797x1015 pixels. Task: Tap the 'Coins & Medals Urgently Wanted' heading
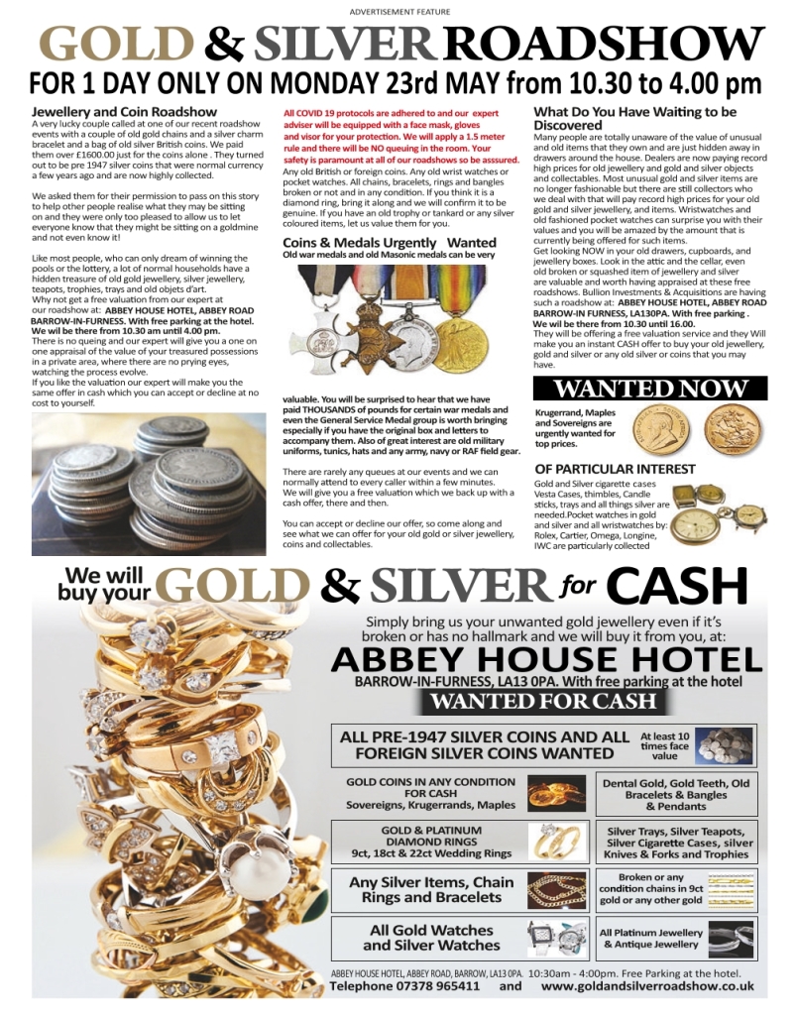click(x=390, y=242)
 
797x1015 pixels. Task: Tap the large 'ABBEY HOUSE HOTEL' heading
click(x=546, y=660)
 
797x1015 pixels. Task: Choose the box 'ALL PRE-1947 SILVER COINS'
click(x=484, y=744)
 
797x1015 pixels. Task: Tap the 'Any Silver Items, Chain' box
click(x=431, y=889)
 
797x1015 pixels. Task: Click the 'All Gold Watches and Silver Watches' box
click(x=431, y=937)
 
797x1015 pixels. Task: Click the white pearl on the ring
click(x=256, y=869)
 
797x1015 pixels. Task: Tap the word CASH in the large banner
click(x=677, y=587)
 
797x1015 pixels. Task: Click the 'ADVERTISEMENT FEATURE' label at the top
click(x=399, y=11)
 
